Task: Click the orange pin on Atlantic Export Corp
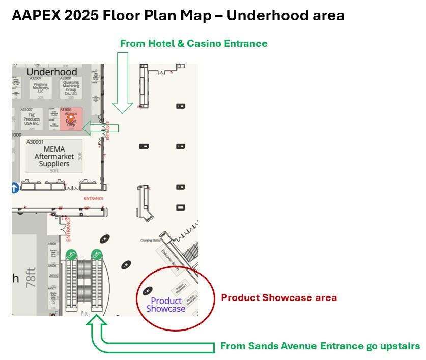pos(71,117)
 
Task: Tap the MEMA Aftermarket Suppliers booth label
pos(54,157)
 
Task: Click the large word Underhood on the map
pos(52,72)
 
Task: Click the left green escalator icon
pos(71,253)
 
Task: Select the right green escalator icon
pos(96,253)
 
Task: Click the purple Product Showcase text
pos(166,305)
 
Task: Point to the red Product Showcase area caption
pos(278,297)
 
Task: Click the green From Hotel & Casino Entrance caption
pos(193,43)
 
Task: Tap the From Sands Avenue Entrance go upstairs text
pos(320,346)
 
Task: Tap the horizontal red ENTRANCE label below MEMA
pos(94,198)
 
